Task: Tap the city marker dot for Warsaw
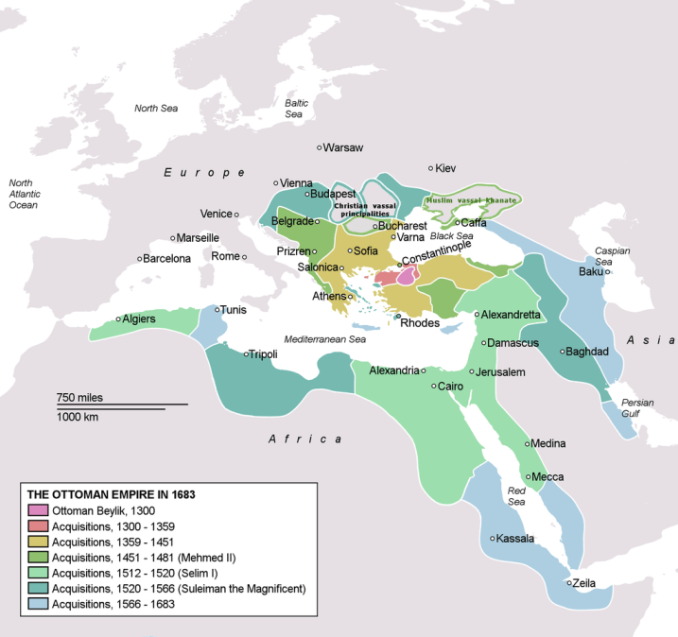pos(320,148)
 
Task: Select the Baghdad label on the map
pos(587,352)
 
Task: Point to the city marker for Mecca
pos(529,477)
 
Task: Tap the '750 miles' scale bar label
pos(80,396)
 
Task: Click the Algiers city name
pos(139,319)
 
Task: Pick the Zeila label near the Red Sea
pos(583,583)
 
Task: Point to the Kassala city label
pos(515,539)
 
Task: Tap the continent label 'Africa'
pos(304,439)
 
